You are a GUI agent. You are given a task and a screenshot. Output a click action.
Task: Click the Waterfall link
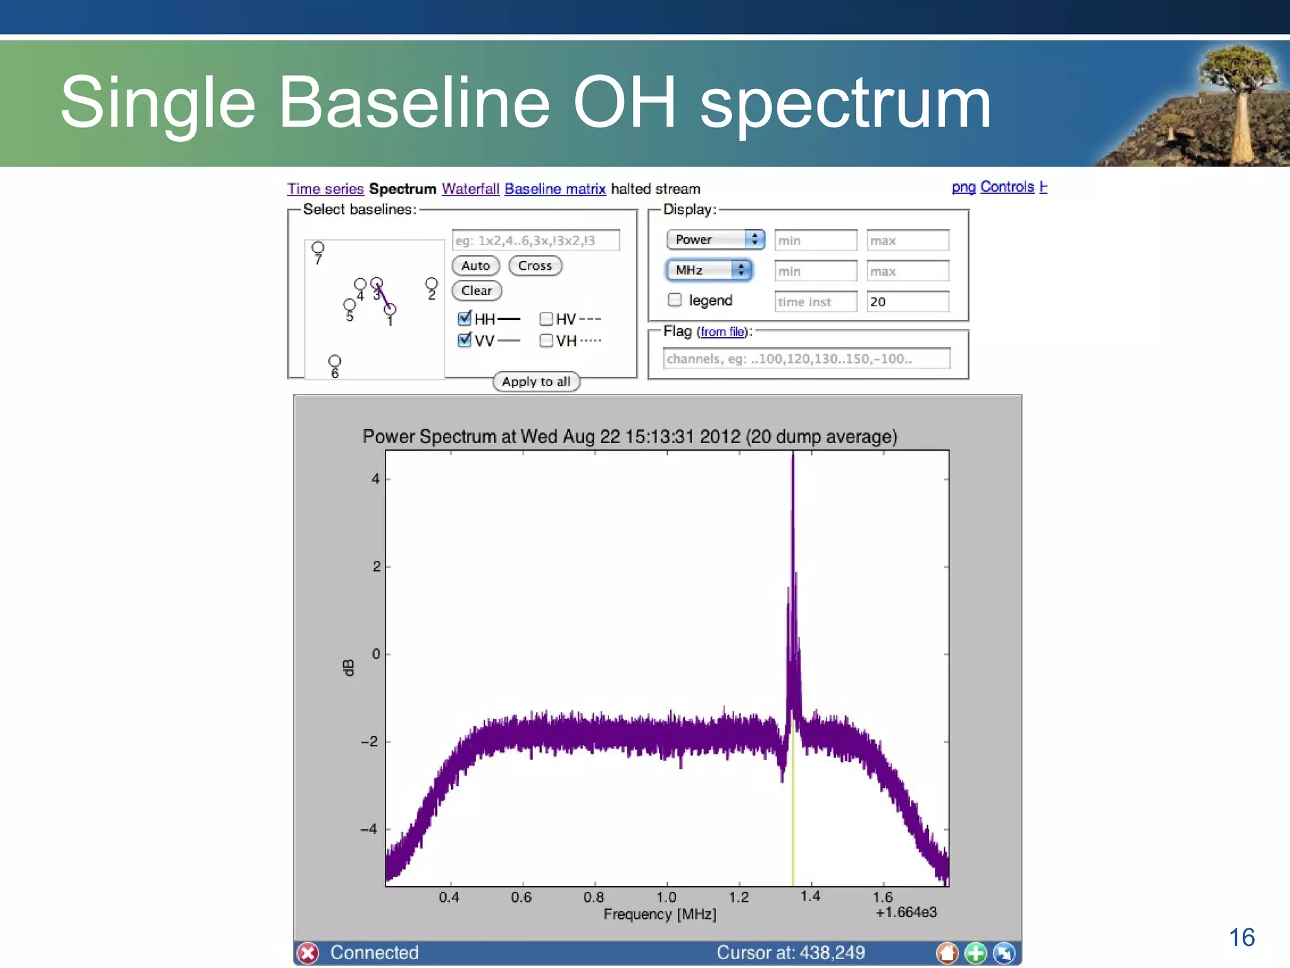click(470, 189)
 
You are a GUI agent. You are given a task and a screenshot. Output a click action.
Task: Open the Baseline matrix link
click(555, 189)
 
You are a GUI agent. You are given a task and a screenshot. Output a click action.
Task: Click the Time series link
click(326, 189)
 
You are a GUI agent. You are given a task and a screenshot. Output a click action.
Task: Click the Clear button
click(476, 291)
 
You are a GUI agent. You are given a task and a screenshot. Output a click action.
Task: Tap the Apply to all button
click(536, 381)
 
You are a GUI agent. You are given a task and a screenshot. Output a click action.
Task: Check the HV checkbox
click(546, 319)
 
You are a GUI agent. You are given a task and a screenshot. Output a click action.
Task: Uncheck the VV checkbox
click(465, 340)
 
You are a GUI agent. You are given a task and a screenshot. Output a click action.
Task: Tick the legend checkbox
click(675, 300)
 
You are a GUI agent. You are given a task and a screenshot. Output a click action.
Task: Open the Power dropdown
click(716, 239)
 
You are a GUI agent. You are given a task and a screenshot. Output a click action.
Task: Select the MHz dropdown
click(709, 270)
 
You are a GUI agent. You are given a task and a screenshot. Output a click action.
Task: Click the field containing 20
click(907, 302)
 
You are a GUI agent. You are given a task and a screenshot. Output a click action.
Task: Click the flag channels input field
click(806, 359)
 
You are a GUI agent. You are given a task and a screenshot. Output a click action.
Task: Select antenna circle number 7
click(318, 247)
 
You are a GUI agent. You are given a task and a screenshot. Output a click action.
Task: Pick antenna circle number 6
click(334, 361)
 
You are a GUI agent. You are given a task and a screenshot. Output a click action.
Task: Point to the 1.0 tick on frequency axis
click(666, 897)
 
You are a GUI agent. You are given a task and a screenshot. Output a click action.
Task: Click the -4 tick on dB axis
click(369, 829)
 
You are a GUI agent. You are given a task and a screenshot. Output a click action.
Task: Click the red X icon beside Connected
click(309, 953)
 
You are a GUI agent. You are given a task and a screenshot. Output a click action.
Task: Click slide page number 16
click(1241, 938)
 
